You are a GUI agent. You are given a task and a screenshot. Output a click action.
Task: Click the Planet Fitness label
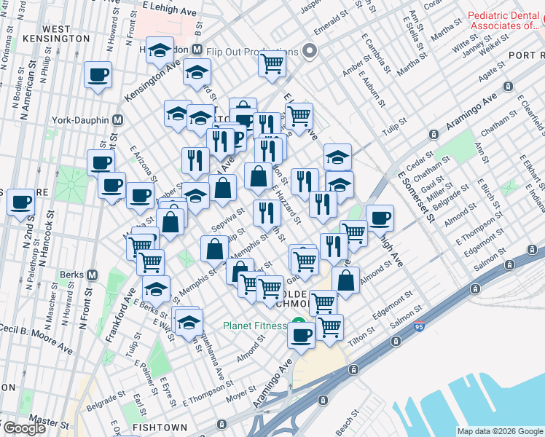tap(255, 326)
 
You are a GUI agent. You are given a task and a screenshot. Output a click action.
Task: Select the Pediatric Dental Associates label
tap(503, 20)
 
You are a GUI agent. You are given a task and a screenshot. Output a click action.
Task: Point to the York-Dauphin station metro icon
tap(117, 119)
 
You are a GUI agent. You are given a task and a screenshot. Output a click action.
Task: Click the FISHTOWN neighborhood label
tap(159, 427)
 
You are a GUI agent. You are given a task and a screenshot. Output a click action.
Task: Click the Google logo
tap(24, 428)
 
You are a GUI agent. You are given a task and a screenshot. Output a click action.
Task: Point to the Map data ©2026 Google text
tap(500, 431)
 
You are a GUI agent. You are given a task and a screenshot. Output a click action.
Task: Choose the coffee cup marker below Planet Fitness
tap(301, 335)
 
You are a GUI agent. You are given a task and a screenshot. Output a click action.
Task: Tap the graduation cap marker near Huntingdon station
tap(160, 49)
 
